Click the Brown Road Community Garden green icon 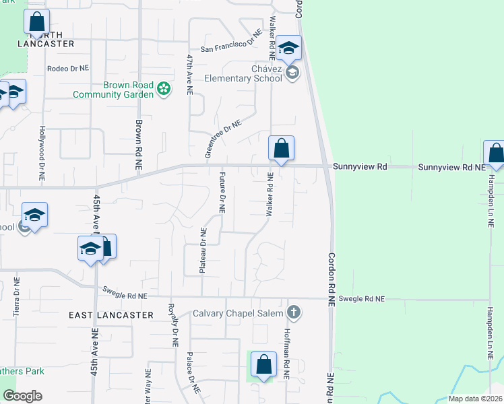163,89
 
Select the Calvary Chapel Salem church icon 292,312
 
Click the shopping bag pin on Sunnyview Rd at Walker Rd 281,149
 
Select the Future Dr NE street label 222,192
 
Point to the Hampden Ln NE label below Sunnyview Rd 491,199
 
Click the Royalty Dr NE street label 173,324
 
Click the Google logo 22,396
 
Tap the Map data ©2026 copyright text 475,399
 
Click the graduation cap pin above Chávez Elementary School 288,47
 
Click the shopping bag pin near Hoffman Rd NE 263,365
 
